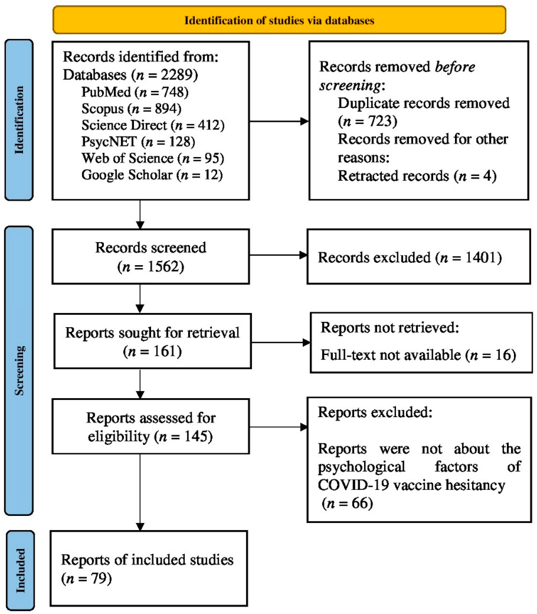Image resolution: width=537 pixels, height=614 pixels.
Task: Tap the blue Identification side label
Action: pyautogui.click(x=19, y=120)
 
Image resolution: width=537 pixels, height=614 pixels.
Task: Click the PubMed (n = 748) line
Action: pyautogui.click(x=135, y=92)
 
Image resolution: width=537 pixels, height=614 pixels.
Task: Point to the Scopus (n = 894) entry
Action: pyautogui.click(x=131, y=108)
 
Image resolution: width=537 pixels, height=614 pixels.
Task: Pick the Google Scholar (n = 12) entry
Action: pyautogui.click(x=152, y=175)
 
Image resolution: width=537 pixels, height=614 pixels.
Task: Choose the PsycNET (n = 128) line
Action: pyautogui.click(x=138, y=141)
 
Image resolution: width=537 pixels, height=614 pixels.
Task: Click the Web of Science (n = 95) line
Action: pyautogui.click(x=153, y=158)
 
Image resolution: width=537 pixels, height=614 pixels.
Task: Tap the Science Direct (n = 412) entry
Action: pyautogui.click(x=153, y=125)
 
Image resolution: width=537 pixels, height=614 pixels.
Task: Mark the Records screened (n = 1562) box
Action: pyautogui.click(x=150, y=257)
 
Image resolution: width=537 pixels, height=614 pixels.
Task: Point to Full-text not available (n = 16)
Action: pyautogui.click(x=418, y=355)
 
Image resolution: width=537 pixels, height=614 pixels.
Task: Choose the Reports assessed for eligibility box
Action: pyautogui.click(x=150, y=427)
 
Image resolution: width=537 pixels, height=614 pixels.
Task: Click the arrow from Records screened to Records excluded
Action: pyautogui.click(x=278, y=255)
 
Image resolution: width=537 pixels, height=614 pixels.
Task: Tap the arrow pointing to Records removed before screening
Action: pyautogui.click(x=279, y=121)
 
